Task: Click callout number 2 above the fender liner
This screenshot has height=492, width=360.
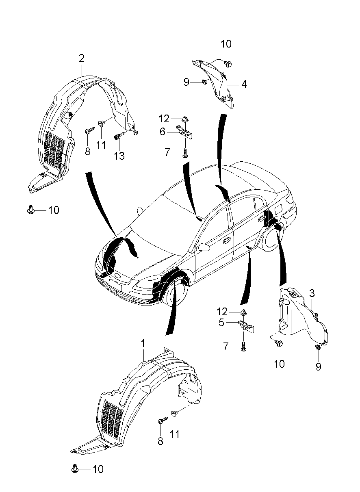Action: click(82, 59)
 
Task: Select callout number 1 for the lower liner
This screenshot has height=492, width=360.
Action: click(143, 344)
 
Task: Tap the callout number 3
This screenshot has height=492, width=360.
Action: click(311, 293)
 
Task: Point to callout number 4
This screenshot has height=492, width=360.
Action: click(244, 85)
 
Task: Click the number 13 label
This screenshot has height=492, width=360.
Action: click(119, 156)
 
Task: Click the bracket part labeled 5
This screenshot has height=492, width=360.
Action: click(247, 326)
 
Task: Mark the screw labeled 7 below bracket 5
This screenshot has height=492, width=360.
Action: click(243, 347)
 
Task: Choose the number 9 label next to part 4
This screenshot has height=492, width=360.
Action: click(187, 82)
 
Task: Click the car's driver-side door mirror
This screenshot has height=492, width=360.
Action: click(202, 247)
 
